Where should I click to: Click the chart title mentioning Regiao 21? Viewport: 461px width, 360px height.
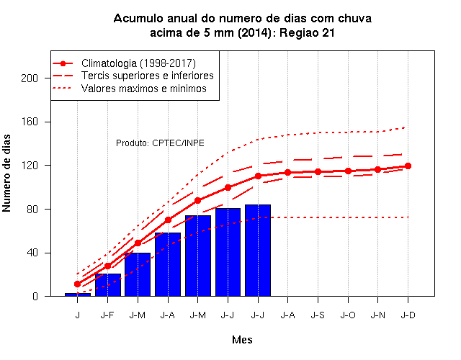242,26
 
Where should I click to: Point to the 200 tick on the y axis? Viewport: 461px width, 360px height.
30,78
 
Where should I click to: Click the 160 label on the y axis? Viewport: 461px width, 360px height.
30,122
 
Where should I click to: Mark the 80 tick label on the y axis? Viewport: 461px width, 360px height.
32,210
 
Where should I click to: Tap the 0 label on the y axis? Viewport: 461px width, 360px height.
35,296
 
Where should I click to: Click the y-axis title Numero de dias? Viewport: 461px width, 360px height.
6,174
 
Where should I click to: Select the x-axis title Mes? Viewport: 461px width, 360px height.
242,340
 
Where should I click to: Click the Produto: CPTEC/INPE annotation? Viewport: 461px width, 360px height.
160,143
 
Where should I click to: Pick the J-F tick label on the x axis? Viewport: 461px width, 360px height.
107,315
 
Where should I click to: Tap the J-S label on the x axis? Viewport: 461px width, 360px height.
318,315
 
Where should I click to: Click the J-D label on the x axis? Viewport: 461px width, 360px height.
408,315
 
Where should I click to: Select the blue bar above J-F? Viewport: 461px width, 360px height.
108,285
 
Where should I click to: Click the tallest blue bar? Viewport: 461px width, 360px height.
258,251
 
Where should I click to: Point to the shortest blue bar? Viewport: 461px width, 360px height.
78,294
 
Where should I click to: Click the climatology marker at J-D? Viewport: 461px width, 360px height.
408,166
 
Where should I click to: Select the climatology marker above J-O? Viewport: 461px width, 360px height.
348,171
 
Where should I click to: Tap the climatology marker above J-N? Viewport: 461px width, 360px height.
377,170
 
